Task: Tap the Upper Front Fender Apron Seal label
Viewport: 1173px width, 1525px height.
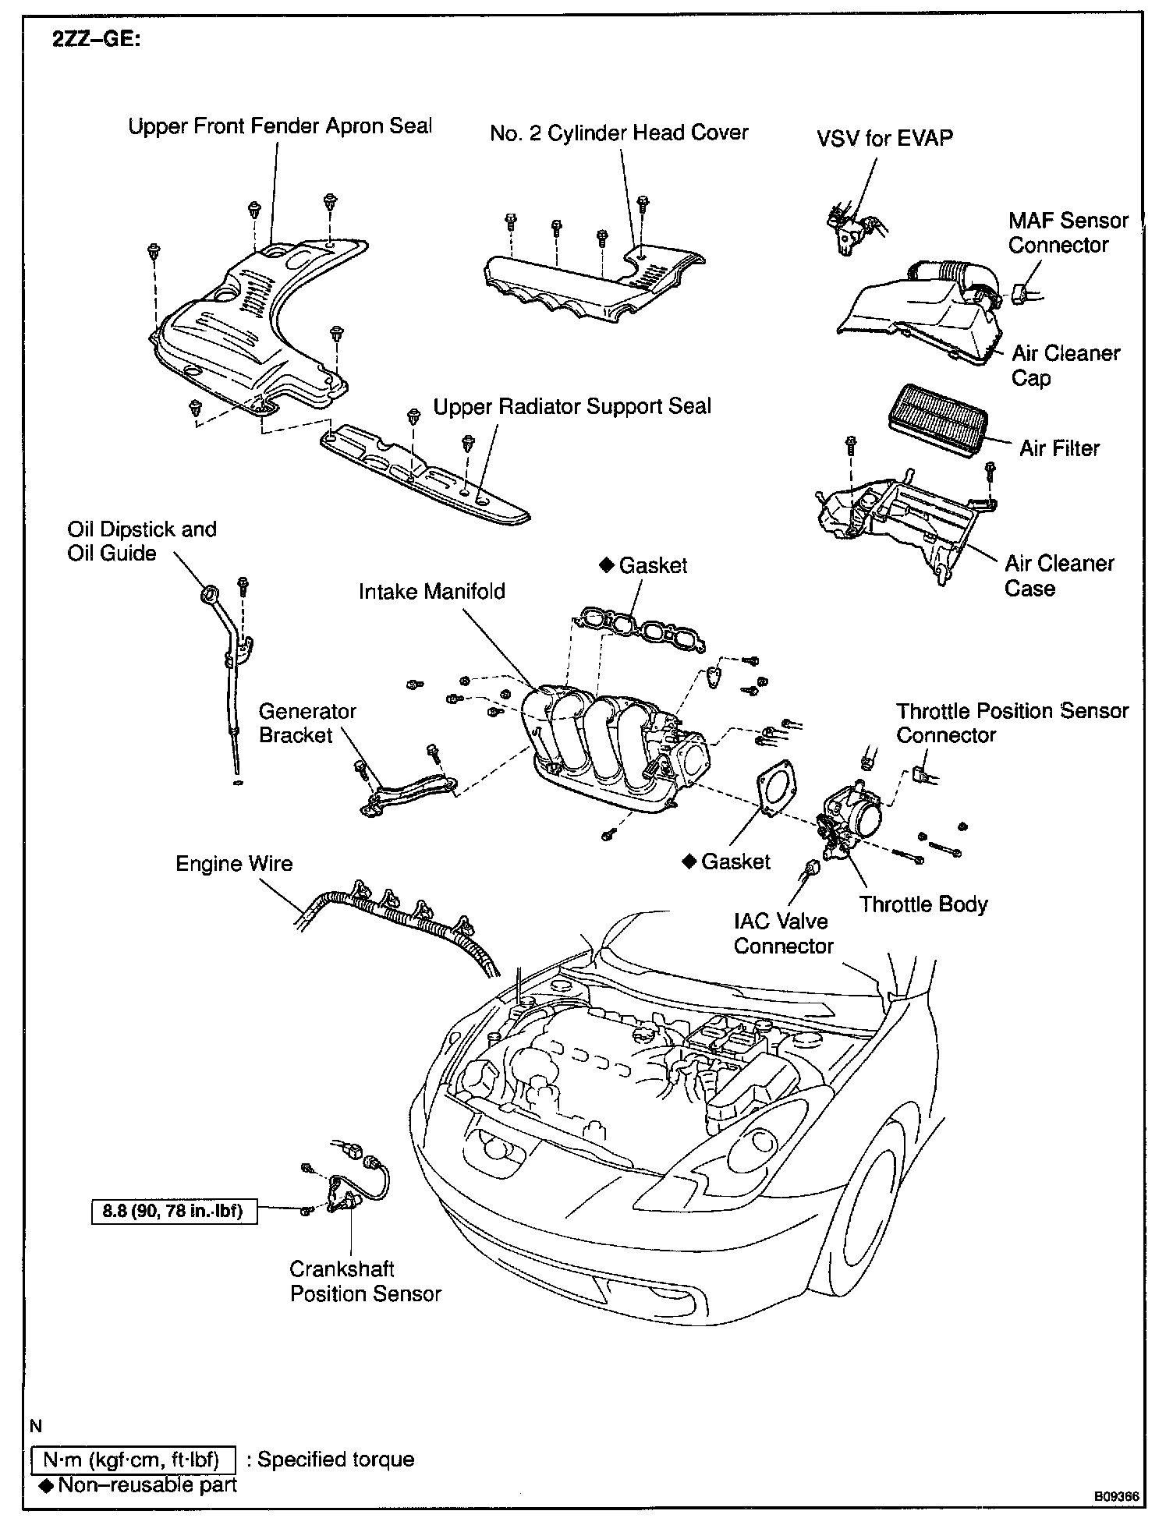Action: click(x=280, y=127)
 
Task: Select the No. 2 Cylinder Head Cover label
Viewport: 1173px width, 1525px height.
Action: click(x=618, y=133)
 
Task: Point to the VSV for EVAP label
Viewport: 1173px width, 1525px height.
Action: click(x=884, y=139)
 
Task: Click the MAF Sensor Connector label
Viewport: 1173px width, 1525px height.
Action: click(x=1067, y=232)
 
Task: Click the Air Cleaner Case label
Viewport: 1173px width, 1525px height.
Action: click(x=1058, y=575)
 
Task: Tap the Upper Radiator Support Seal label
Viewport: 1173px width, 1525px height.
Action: click(x=572, y=407)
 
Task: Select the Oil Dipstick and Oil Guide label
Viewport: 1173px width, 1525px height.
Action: click(x=141, y=541)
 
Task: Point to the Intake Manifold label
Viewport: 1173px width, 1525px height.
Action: click(x=431, y=592)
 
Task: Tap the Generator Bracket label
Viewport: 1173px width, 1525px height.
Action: click(x=307, y=723)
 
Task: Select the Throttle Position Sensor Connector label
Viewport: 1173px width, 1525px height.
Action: click(x=1012, y=723)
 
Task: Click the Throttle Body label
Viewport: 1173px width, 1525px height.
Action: click(x=923, y=904)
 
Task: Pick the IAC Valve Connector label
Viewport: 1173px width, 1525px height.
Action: click(x=783, y=933)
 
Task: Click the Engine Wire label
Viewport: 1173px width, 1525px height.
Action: click(x=234, y=864)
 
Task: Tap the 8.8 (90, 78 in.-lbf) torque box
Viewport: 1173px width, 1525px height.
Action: click(x=174, y=1211)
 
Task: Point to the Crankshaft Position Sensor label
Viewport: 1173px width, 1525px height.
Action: click(x=365, y=1282)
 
